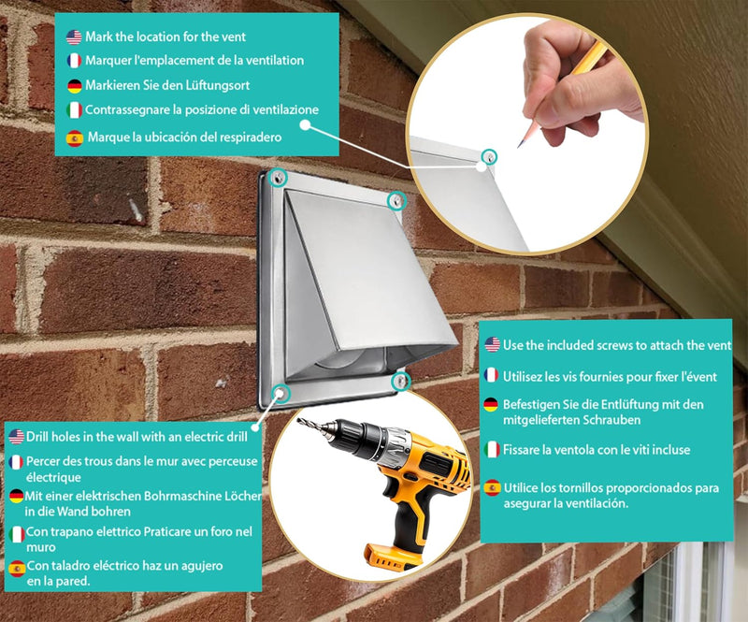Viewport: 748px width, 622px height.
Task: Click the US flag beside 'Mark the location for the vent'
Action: (x=74, y=36)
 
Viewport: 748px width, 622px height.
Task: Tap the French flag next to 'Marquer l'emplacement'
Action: (x=74, y=61)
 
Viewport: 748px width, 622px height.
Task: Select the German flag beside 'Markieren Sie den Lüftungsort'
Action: (x=75, y=86)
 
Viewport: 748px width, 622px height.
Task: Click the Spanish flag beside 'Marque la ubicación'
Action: (x=75, y=137)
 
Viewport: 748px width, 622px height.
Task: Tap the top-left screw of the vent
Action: (x=277, y=178)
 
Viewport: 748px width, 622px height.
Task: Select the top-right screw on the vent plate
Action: (x=396, y=201)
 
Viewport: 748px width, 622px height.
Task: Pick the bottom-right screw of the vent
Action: (x=401, y=381)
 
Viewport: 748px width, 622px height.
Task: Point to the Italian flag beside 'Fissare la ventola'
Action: (x=492, y=450)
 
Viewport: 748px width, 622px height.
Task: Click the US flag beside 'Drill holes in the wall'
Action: (x=16, y=436)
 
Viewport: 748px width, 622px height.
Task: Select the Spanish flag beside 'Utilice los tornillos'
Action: (x=493, y=488)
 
